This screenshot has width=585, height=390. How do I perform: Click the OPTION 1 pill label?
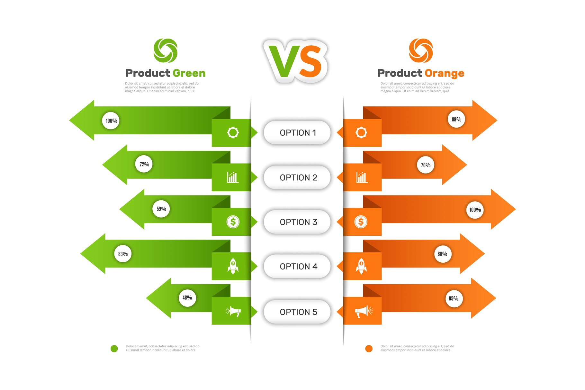pyautogui.click(x=297, y=132)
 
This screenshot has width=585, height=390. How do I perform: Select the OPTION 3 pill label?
pyautogui.click(x=297, y=222)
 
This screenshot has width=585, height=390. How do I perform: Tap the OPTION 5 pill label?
pyautogui.click(x=297, y=312)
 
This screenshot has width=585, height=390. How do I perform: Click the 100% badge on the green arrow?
pyautogui.click(x=111, y=121)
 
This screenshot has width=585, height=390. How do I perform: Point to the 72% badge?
pyautogui.click(x=144, y=164)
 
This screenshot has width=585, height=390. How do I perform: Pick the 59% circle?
pyautogui.click(x=161, y=209)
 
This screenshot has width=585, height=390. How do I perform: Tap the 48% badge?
pyautogui.click(x=187, y=297)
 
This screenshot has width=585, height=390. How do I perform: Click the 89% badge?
pyautogui.click(x=456, y=119)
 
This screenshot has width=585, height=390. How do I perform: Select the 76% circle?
pyautogui.click(x=426, y=165)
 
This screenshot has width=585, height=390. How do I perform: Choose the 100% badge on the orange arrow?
pyautogui.click(x=475, y=210)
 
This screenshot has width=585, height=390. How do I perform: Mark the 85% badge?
pyautogui.click(x=454, y=298)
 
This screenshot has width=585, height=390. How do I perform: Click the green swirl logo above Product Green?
pyautogui.click(x=166, y=50)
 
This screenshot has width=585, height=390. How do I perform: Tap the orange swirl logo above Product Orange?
pyautogui.click(x=421, y=50)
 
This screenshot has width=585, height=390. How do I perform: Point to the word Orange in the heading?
pyautogui.click(x=445, y=74)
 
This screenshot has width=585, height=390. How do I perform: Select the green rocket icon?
pyautogui.click(x=233, y=266)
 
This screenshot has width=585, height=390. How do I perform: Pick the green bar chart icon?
pyautogui.click(x=233, y=177)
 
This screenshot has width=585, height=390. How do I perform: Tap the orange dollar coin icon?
pyautogui.click(x=361, y=222)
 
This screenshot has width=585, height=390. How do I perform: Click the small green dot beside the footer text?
pyautogui.click(x=114, y=349)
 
